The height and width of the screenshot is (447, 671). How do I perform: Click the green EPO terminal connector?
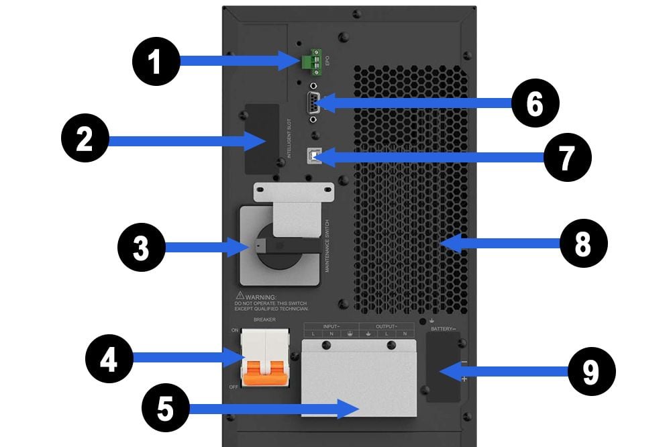click(x=309, y=62)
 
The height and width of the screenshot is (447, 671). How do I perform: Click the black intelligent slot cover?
click(x=261, y=138)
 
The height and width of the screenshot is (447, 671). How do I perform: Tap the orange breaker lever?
click(x=266, y=373)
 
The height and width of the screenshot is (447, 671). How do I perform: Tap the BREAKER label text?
click(x=264, y=320)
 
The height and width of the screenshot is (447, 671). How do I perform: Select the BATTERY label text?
click(x=443, y=330)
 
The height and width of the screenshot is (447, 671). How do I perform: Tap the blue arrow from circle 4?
click(x=181, y=356)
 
